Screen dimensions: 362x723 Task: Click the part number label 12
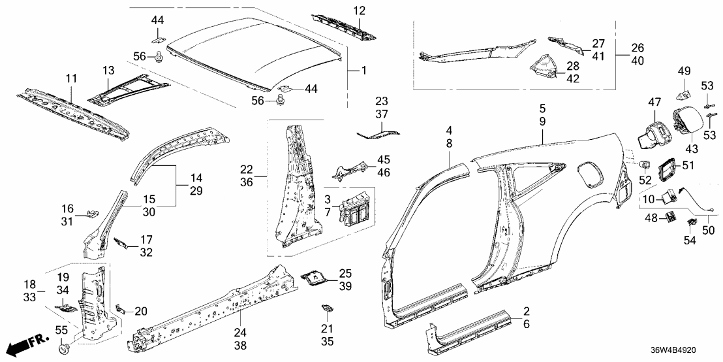pos(360,10)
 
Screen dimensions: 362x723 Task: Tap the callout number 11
pos(71,78)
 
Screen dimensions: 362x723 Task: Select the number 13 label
pos(108,71)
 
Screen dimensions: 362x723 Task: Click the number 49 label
pos(685,71)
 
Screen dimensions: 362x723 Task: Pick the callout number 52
pos(645,179)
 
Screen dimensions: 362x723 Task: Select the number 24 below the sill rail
pos(240,333)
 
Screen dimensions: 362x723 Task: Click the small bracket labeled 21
pos(327,308)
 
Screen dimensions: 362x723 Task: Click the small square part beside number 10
pos(670,195)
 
